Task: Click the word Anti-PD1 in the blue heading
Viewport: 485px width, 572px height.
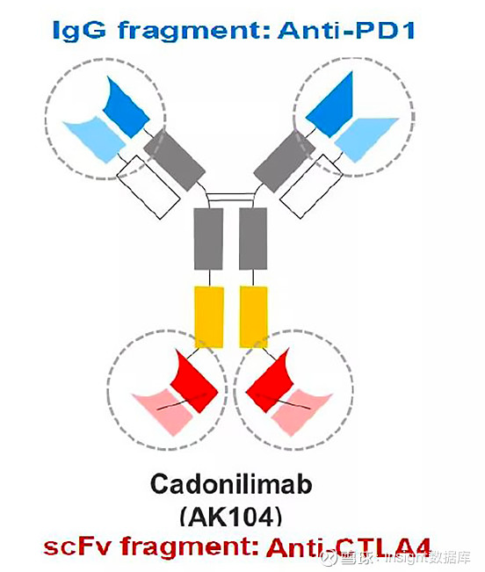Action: [346, 30]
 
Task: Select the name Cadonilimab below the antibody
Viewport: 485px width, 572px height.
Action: [231, 484]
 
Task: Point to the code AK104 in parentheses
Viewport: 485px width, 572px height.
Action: [231, 517]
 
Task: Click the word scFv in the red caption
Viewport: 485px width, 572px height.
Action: [76, 547]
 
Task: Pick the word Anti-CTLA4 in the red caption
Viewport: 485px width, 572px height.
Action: [349, 547]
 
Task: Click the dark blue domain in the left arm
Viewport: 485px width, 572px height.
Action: [126, 107]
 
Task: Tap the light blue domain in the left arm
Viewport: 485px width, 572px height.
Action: [95, 140]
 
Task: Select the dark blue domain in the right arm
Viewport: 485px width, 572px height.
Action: [330, 105]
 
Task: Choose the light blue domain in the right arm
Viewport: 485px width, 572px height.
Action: [366, 140]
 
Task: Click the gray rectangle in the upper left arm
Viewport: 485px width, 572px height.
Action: [174, 161]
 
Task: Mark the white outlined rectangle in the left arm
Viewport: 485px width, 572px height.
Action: [148, 187]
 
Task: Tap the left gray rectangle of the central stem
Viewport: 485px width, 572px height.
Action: [208, 239]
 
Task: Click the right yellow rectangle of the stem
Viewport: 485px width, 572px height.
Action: [253, 317]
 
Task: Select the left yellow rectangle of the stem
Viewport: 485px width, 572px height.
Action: [209, 317]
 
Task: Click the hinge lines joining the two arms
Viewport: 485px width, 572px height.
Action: [230, 197]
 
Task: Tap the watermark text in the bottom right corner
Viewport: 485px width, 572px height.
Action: [395, 558]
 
